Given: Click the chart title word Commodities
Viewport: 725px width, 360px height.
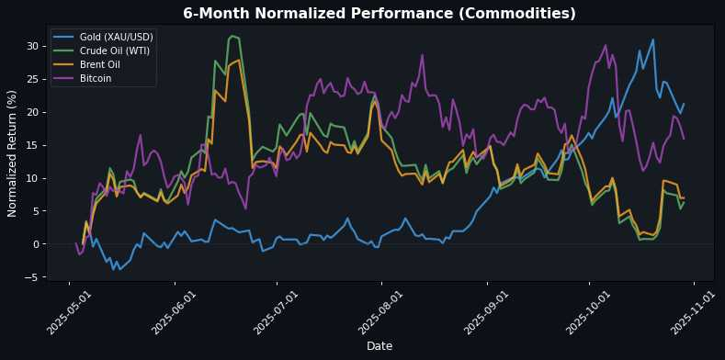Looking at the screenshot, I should click(x=517, y=14).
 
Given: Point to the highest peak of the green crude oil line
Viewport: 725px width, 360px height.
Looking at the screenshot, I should click(x=232, y=36).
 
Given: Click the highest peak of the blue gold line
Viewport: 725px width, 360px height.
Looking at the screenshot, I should click(x=652, y=39).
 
